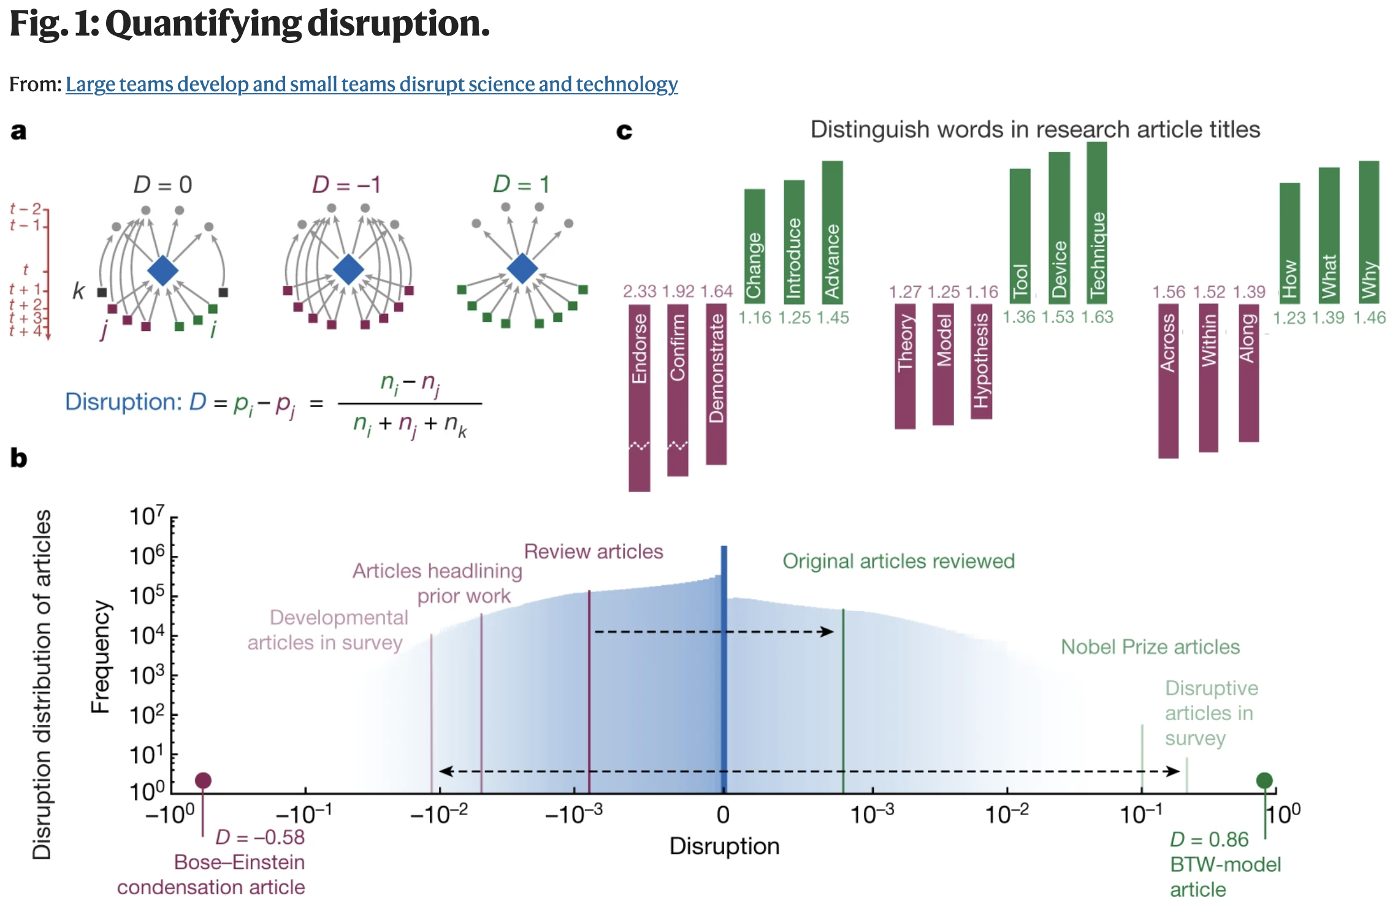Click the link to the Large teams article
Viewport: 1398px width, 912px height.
point(372,84)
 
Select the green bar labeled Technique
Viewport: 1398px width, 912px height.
point(1097,223)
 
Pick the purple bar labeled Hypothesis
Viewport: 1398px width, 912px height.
point(981,362)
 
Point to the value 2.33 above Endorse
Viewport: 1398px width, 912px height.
point(639,291)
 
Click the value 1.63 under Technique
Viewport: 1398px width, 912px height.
point(1097,317)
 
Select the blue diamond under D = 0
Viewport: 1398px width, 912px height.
point(163,270)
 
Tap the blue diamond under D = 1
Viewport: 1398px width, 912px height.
point(522,268)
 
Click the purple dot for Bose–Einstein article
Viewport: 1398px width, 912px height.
point(203,780)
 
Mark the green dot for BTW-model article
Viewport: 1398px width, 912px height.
point(1264,780)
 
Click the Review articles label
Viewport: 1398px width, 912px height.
point(593,552)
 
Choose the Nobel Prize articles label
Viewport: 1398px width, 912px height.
point(1150,647)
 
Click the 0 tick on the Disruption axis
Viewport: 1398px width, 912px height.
point(723,815)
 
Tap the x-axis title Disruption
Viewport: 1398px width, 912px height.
point(724,846)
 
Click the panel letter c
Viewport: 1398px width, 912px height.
point(624,131)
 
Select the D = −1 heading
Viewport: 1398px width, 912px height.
point(346,184)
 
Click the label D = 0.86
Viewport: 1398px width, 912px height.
point(1209,839)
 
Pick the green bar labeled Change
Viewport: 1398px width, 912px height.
point(754,246)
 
